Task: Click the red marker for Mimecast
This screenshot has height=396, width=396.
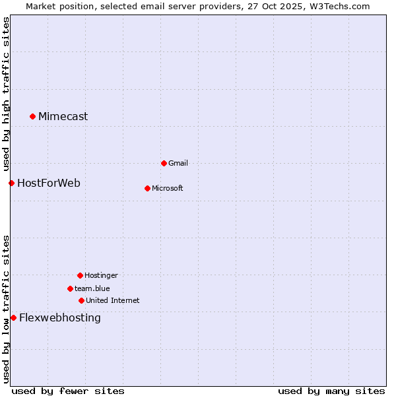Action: (32, 117)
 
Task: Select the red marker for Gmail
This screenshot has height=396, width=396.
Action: (164, 163)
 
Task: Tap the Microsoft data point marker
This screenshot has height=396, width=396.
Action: (147, 188)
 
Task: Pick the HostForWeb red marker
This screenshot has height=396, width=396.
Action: (11, 183)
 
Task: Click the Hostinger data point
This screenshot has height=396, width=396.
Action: (80, 275)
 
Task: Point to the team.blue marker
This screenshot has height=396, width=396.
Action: (70, 288)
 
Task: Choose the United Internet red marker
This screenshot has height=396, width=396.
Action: (81, 300)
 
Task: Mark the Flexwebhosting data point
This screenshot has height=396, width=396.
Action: (13, 317)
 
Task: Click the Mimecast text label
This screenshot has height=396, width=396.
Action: (63, 117)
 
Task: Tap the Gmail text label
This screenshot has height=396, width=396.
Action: (178, 163)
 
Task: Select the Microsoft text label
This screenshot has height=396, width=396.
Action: (168, 188)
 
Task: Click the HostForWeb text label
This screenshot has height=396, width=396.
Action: (49, 183)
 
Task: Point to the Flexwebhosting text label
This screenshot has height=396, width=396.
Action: (60, 317)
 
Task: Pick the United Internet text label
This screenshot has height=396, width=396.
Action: (113, 300)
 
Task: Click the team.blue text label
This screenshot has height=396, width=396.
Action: (92, 288)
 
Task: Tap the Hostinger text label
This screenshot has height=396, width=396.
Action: (101, 275)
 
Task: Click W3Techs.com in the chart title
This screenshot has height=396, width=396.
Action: (337, 6)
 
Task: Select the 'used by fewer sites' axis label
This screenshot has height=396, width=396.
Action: (68, 391)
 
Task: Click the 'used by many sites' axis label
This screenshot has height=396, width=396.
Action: (331, 391)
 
